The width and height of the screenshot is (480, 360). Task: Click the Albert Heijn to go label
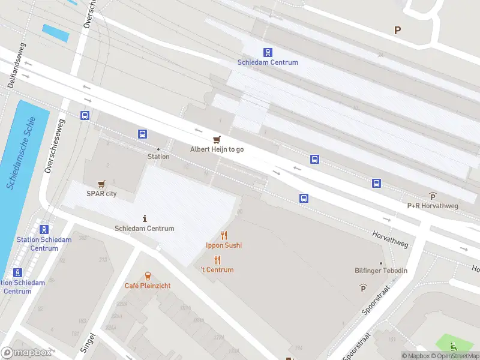click(x=217, y=149)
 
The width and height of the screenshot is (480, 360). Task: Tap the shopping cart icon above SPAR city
click(x=101, y=184)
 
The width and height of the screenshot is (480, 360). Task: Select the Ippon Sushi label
click(x=224, y=245)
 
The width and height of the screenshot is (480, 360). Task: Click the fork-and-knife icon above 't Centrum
click(x=217, y=260)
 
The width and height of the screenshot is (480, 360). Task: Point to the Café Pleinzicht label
click(x=148, y=286)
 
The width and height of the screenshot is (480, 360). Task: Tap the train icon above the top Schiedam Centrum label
click(x=267, y=52)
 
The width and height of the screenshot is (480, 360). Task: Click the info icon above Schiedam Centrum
click(x=145, y=218)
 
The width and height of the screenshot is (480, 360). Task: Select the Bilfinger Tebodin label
click(x=381, y=271)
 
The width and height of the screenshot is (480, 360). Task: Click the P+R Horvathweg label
click(x=433, y=205)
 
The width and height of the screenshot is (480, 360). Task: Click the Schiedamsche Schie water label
click(x=22, y=153)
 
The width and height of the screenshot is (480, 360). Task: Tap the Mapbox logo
click(x=26, y=353)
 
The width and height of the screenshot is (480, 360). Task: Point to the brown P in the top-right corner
click(x=397, y=30)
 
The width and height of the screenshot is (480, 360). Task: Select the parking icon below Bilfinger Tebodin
click(x=363, y=288)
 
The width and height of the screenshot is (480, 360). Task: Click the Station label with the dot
click(x=158, y=157)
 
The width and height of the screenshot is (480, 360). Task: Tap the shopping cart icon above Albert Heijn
click(x=217, y=139)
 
